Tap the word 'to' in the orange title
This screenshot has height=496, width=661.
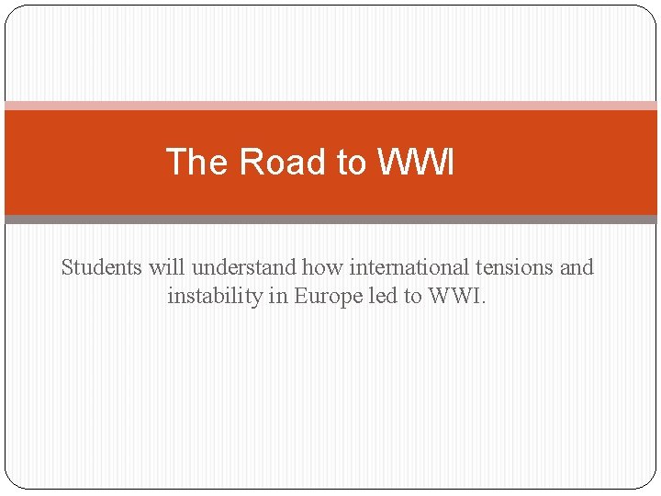(351, 163)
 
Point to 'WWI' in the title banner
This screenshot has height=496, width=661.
(415, 163)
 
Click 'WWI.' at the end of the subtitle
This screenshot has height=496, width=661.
(459, 297)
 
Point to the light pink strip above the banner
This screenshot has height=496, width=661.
(330, 106)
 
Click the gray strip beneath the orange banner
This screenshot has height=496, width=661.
(330, 220)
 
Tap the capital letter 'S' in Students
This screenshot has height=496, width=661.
(67, 267)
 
